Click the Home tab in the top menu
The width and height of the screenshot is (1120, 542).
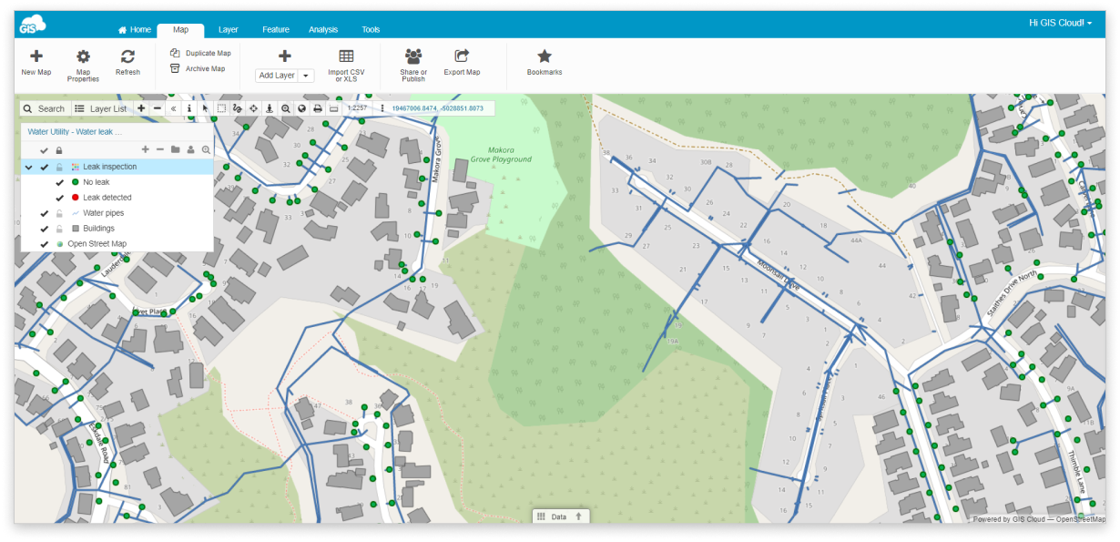[135, 29]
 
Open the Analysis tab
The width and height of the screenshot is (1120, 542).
[322, 29]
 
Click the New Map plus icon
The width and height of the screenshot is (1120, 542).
[36, 56]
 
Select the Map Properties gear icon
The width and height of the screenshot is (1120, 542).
[83, 56]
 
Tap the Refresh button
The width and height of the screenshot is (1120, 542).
[127, 56]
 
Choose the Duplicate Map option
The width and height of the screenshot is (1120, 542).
[201, 53]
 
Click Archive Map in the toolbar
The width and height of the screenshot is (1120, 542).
[199, 68]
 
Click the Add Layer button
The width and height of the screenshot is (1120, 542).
[277, 76]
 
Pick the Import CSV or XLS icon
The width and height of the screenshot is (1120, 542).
[346, 56]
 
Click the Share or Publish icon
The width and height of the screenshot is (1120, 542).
[413, 56]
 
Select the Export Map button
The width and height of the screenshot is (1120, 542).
[462, 56]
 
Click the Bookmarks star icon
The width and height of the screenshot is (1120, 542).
[545, 56]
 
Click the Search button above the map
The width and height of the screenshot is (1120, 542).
[45, 108]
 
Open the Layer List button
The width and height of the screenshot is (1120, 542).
[101, 108]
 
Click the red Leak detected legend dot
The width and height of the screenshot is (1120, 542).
[75, 198]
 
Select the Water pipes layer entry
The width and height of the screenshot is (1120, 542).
[103, 213]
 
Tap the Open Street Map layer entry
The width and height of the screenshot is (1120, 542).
[97, 244]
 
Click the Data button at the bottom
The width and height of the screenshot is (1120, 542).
[558, 516]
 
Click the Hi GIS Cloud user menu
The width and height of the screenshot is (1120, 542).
[1060, 22]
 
